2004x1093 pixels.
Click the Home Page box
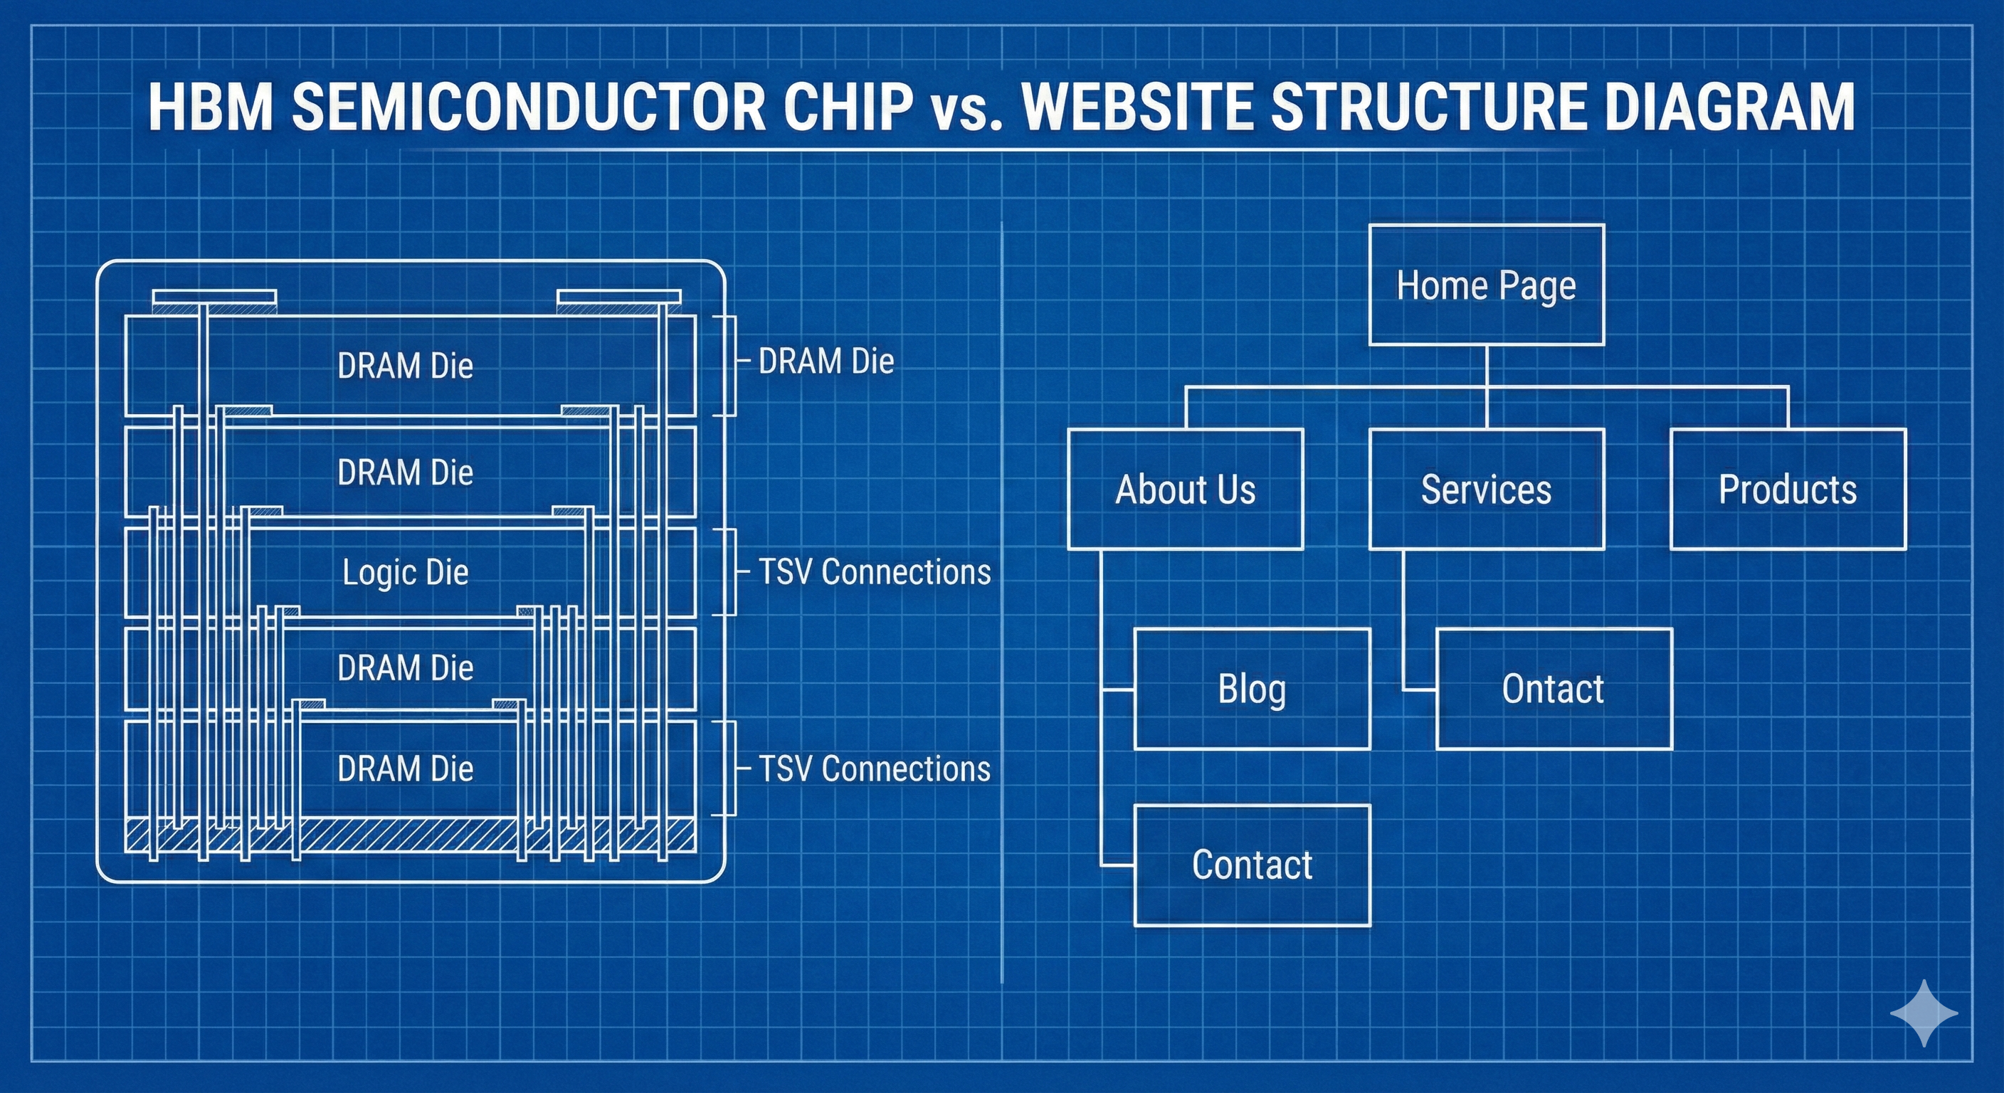(1486, 285)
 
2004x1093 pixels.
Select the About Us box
(1185, 490)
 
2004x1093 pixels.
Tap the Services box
(1486, 490)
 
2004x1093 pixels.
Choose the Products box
(1788, 490)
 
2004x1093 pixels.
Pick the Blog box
(1252, 689)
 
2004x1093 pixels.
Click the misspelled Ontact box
(1554, 689)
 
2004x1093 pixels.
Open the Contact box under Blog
(1252, 865)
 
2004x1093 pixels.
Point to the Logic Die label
(406, 573)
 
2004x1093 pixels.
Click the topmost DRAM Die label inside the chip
(406, 366)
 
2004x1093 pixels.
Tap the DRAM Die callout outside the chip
(826, 361)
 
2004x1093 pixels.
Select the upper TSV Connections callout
(875, 572)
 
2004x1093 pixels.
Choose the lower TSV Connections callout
(875, 769)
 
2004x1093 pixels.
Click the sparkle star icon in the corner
(1924, 1013)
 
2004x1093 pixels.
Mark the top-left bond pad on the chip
(214, 298)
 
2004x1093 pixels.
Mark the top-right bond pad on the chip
(619, 298)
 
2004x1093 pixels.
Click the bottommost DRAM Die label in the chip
(406, 769)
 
